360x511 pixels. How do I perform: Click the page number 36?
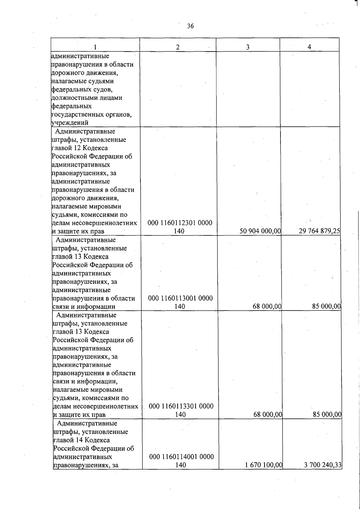tap(190, 26)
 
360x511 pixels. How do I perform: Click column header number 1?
tap(95, 47)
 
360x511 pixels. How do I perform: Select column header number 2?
tap(178, 47)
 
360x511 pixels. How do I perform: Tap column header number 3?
tap(247, 47)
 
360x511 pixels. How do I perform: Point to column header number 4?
tap(309, 47)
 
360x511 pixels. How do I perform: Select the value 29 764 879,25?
tap(319, 231)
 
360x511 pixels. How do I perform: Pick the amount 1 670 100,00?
tap(263, 465)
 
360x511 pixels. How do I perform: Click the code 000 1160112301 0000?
tap(180, 223)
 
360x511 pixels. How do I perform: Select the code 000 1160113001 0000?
tap(181, 298)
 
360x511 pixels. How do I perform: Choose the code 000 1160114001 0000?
tap(181, 457)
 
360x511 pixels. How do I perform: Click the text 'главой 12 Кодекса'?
tap(80, 148)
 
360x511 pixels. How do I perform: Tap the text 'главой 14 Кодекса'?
tap(81, 440)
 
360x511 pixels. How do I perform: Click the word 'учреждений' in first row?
tap(70, 123)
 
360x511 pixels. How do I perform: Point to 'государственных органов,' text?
tap(91, 114)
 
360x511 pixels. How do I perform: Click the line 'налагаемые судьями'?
tap(82, 81)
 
